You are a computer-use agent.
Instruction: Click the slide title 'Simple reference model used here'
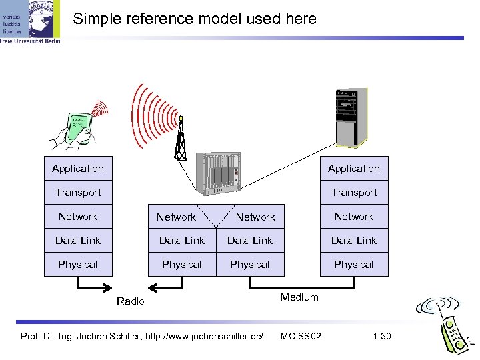[195, 19]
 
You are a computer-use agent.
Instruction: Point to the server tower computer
[351, 117]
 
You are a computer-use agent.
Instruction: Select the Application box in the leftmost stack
[78, 169]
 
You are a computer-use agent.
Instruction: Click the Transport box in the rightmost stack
[353, 193]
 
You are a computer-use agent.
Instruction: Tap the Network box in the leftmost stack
[78, 217]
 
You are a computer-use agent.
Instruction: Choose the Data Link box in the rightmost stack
[353, 241]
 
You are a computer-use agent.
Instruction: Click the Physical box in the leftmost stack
[78, 265]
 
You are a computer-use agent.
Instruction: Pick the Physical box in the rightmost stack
[353, 265]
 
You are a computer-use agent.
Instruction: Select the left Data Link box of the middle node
[181, 241]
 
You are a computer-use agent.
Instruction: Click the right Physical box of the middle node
[250, 265]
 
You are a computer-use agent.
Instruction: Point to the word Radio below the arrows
[130, 301]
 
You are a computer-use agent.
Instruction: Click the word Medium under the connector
[299, 297]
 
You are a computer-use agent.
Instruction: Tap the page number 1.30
[381, 335]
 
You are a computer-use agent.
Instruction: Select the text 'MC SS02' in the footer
[301, 335]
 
